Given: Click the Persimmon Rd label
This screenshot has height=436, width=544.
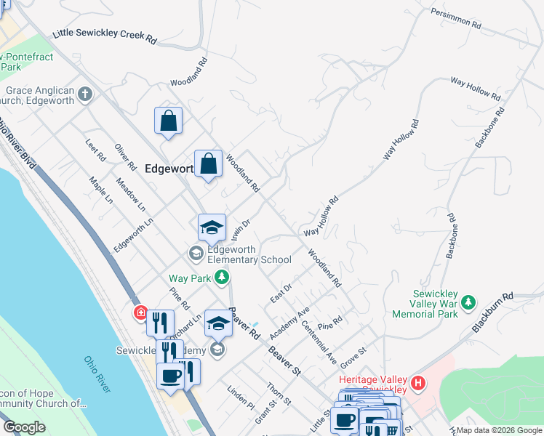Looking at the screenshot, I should click(456, 18).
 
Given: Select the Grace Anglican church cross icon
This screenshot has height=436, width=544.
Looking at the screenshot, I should click(85, 94).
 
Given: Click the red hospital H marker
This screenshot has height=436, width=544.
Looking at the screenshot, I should click(417, 382).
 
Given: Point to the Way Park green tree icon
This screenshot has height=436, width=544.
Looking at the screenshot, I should click(222, 278).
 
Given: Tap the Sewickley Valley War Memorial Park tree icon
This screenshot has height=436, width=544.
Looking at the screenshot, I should click(468, 301).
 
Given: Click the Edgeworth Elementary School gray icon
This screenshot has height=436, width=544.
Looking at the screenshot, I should click(196, 253).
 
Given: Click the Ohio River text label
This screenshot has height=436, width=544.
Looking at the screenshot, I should click(96, 374).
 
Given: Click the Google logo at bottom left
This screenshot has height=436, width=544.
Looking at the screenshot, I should click(24, 427).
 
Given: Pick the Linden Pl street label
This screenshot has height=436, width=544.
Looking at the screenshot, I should click(241, 396).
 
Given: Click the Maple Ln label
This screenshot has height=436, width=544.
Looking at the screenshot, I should click(100, 189).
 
